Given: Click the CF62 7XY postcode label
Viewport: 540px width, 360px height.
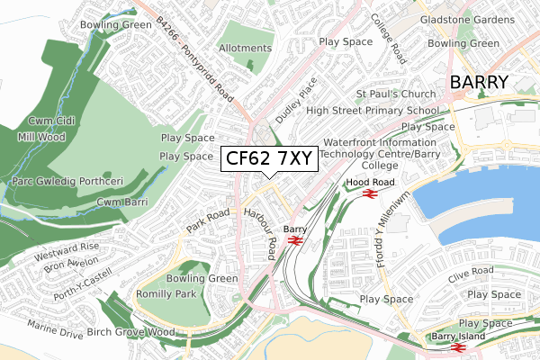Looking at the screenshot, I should (268, 158).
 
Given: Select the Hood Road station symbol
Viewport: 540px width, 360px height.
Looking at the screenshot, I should (368, 193).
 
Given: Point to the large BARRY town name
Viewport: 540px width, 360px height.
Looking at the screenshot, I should (479, 83).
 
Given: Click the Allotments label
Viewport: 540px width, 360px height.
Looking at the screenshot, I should (245, 48).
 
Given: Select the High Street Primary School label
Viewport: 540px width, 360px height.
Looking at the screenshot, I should (373, 111).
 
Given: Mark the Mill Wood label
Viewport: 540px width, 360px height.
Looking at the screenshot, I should (40, 138).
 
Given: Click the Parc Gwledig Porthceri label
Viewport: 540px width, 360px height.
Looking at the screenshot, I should (68, 181).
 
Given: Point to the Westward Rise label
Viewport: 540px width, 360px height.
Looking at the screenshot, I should (66, 246).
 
